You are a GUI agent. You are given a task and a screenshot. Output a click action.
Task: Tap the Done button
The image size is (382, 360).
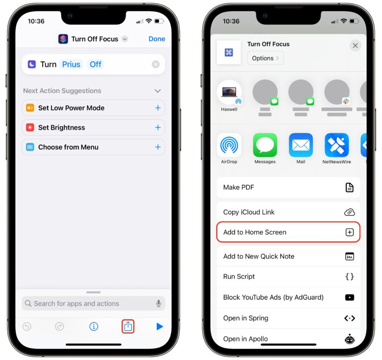point(157,39)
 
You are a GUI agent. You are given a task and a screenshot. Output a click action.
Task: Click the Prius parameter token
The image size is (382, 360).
point(71,65)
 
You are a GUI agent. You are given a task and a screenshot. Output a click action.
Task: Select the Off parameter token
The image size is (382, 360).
point(95,65)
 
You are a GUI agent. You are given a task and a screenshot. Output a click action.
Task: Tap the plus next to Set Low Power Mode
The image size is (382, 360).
point(158,108)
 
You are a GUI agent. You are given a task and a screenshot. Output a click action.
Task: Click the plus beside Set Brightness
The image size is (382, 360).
point(158,128)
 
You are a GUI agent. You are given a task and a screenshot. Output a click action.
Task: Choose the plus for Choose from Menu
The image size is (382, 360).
point(158,147)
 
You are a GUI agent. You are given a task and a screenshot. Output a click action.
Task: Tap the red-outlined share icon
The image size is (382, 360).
point(128,326)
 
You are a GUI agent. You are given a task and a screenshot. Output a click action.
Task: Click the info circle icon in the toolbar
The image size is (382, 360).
point(94,326)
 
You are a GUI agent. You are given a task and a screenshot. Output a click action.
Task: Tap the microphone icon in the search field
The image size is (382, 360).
point(159,304)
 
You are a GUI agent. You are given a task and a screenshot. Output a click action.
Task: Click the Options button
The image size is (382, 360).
point(265,58)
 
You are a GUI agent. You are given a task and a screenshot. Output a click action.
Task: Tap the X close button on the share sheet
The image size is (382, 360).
point(355,45)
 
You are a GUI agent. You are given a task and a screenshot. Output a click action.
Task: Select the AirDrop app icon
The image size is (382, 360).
point(229,145)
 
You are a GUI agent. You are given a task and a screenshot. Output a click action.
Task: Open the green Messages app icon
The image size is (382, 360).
point(265,145)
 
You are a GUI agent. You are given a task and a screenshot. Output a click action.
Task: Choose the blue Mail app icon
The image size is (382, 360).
point(301,145)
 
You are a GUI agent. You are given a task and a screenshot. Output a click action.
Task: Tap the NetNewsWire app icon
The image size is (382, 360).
point(336,145)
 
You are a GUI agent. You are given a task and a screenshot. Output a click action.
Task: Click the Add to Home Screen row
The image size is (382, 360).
point(288,232)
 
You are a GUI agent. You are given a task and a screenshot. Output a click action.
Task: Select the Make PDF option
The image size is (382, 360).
point(288,187)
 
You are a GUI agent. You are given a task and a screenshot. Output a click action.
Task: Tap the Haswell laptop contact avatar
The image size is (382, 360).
point(229,92)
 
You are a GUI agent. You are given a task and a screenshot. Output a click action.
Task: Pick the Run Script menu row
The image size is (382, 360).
point(288,277)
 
